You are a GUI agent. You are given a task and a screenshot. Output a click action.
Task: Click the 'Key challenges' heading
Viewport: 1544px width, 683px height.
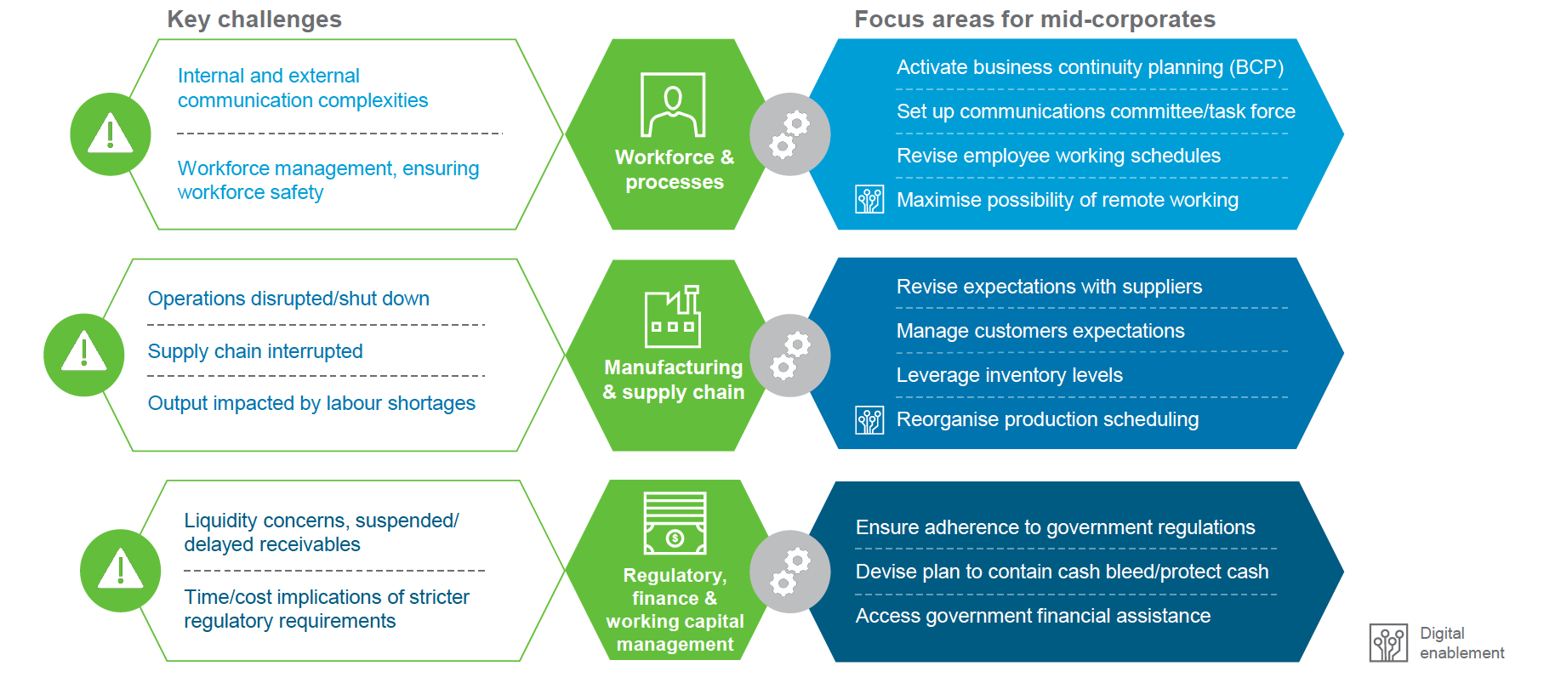254,20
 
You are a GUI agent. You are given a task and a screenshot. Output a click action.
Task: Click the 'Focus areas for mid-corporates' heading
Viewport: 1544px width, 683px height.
1034,20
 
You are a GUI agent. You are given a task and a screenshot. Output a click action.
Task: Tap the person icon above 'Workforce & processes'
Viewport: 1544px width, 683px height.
673,105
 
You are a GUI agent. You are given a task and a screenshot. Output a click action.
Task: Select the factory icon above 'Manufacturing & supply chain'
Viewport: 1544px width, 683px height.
673,316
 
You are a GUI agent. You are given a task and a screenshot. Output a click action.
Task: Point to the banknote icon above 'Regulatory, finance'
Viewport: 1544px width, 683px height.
675,523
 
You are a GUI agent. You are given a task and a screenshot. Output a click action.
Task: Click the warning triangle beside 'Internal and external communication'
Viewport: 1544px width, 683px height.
111,134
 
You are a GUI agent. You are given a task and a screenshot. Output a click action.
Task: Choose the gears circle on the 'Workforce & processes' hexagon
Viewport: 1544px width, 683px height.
790,134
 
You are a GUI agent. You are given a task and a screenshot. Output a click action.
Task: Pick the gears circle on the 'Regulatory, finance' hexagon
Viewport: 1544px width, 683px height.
790,572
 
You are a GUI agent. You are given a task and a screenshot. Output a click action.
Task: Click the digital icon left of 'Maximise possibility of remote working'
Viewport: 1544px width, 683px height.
869,199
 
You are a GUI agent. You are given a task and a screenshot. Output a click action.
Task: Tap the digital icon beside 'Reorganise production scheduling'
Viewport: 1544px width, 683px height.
869,420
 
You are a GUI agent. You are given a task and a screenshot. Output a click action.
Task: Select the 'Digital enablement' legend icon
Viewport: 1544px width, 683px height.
1388,643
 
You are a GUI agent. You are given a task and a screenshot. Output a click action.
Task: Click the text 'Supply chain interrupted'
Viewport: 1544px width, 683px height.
255,351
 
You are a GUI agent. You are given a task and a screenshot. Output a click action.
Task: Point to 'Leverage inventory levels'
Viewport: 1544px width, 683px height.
1010,375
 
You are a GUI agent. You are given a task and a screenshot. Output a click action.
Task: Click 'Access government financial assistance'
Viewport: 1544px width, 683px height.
1033,616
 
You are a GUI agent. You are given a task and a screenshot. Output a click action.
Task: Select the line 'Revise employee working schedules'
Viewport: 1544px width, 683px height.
1058,156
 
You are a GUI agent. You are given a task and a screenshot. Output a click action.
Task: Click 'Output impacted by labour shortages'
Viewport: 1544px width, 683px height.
311,403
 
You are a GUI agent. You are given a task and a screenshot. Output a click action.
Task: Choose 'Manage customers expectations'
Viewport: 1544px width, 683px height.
1040,331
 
